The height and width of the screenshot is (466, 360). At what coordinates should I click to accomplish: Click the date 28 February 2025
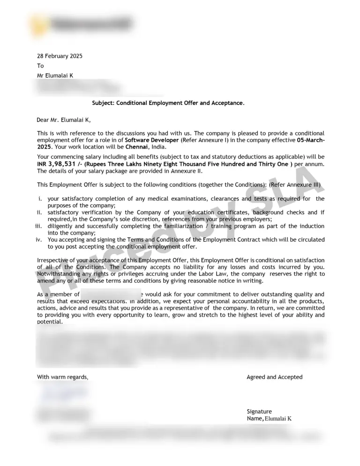[x=60, y=56]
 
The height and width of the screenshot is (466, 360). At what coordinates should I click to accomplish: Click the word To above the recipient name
[x=40, y=66]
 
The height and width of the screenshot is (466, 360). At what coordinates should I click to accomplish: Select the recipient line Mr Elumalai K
[x=55, y=75]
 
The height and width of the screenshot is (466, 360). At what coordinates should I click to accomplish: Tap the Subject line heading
[x=168, y=103]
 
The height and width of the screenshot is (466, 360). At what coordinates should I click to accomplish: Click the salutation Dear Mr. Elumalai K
[x=64, y=120]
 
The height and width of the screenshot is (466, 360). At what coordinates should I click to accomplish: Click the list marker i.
[x=40, y=199]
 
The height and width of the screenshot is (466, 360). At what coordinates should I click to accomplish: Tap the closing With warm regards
[x=62, y=377]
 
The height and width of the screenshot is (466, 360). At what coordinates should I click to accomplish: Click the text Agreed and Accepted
[x=274, y=377]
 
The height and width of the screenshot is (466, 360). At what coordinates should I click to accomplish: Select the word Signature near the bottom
[x=259, y=412]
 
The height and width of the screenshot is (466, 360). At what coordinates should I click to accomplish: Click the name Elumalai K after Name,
[x=278, y=419]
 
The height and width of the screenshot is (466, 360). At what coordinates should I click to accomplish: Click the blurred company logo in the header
[x=80, y=23]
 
